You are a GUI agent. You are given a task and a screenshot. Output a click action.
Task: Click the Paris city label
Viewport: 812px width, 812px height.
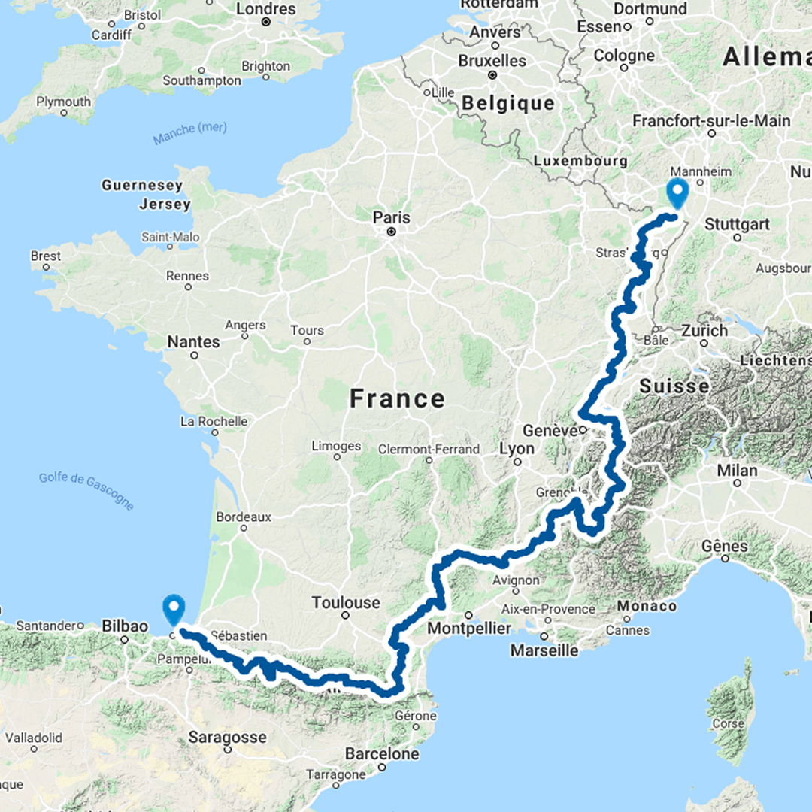pyautogui.click(x=392, y=217)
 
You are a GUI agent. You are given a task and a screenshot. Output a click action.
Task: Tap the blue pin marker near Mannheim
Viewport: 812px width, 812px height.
pyautogui.click(x=677, y=192)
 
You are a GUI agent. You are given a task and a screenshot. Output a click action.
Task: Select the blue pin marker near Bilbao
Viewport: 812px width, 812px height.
pyautogui.click(x=174, y=609)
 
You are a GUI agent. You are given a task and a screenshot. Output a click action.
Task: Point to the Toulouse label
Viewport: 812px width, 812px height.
pyautogui.click(x=346, y=602)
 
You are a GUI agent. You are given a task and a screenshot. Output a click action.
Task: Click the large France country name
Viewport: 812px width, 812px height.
pyautogui.click(x=397, y=398)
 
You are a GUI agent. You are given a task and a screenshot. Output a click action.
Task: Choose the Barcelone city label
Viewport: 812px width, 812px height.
pyautogui.click(x=382, y=753)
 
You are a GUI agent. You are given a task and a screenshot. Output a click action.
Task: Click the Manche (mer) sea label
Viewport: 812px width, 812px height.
pyautogui.click(x=189, y=134)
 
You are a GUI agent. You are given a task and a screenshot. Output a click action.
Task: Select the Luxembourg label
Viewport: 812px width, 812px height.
pyautogui.click(x=580, y=161)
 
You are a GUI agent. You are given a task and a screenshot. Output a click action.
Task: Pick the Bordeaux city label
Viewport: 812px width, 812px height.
pyautogui.click(x=243, y=517)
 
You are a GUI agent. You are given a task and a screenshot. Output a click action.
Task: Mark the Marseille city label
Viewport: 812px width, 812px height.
pyautogui.click(x=546, y=650)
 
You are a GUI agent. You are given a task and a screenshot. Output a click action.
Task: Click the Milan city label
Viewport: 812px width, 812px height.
pyautogui.click(x=737, y=470)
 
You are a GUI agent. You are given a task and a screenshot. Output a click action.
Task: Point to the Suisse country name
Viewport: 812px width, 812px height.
pyautogui.click(x=674, y=386)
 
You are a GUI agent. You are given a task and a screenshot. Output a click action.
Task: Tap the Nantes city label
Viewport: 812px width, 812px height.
pyautogui.click(x=193, y=341)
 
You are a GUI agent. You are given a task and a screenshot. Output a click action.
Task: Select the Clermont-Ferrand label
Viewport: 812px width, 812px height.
pyautogui.click(x=429, y=449)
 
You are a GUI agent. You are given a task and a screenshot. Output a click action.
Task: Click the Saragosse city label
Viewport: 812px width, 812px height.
pyautogui.click(x=227, y=737)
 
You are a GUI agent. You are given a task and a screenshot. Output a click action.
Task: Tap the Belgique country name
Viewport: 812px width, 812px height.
pyautogui.click(x=508, y=103)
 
